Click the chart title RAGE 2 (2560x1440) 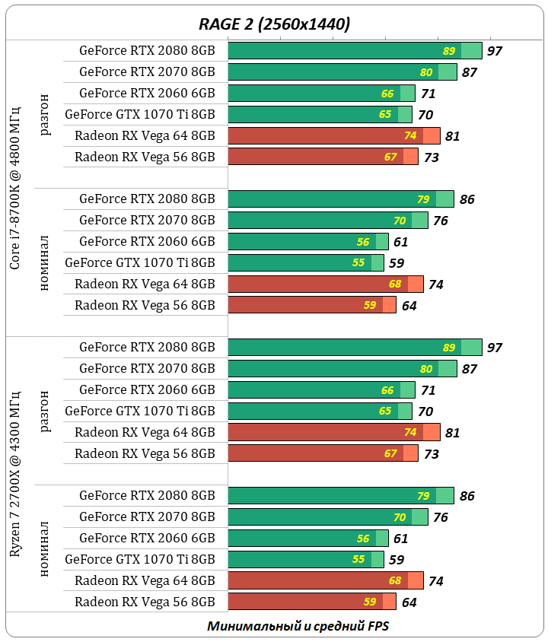pyautogui.click(x=274, y=24)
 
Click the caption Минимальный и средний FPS pyautogui.click(x=298, y=626)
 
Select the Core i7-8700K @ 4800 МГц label pyautogui.click(x=15, y=188)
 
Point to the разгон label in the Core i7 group pyautogui.click(x=46, y=114)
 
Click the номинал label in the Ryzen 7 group pyautogui.click(x=46, y=548)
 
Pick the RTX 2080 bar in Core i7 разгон pyautogui.click(x=355, y=51)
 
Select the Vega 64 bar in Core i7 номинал pyautogui.click(x=326, y=284)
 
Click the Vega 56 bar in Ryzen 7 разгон pyautogui.click(x=323, y=454)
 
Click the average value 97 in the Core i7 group pyautogui.click(x=495, y=51)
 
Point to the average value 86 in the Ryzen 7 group pyautogui.click(x=467, y=496)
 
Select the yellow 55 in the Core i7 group pyautogui.click(x=359, y=263)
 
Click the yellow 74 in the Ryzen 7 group pyautogui.click(x=411, y=433)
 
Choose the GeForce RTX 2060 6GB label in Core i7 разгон pyautogui.click(x=147, y=94)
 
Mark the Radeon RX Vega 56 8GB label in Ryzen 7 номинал pyautogui.click(x=145, y=602)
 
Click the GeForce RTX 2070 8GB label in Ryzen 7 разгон pyautogui.click(x=147, y=369)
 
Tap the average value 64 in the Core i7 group pyautogui.click(x=409, y=306)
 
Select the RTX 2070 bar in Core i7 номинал pyautogui.click(x=328, y=221)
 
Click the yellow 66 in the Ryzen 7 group pyautogui.click(x=387, y=390)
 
